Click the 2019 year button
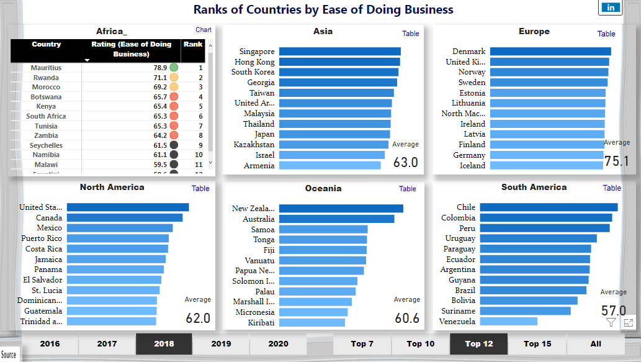point(221,343)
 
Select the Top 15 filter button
point(537,343)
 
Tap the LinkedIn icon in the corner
point(611,7)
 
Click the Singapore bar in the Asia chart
point(339,52)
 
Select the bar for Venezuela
point(508,322)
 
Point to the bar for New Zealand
point(341,209)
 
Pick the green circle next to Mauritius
point(174,68)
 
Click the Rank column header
point(192,45)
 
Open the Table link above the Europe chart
point(606,34)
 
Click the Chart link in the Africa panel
point(204,30)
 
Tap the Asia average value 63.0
point(406,163)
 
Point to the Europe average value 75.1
point(617,161)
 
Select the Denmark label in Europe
point(469,52)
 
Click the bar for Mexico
point(119,229)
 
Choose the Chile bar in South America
point(549,207)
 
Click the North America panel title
point(112,187)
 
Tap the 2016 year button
point(50,343)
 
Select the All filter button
point(596,343)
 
